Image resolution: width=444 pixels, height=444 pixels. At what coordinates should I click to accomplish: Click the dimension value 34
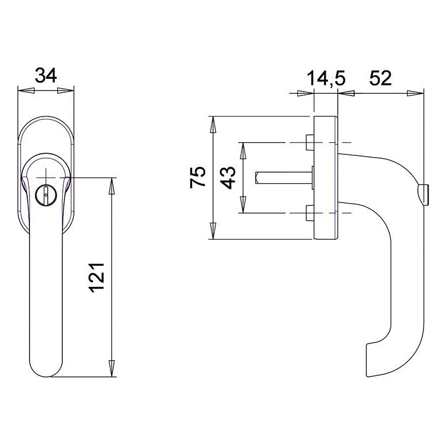(x=46, y=75)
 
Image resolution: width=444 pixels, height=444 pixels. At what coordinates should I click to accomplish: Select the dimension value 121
(x=97, y=277)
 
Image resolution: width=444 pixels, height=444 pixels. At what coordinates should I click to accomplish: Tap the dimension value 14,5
(x=326, y=78)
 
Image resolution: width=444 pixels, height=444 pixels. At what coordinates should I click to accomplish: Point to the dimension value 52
(x=380, y=78)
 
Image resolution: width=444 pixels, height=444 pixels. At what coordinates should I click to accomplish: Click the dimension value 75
(x=198, y=177)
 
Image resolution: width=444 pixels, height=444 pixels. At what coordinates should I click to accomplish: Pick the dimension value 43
(x=228, y=178)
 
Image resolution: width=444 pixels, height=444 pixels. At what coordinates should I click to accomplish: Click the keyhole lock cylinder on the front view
(x=46, y=195)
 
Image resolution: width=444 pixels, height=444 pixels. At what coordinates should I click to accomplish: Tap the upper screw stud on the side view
(x=310, y=143)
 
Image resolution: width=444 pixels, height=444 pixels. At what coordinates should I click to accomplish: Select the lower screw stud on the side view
(x=310, y=213)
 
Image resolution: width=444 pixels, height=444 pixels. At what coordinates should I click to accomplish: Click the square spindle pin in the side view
(x=284, y=178)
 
